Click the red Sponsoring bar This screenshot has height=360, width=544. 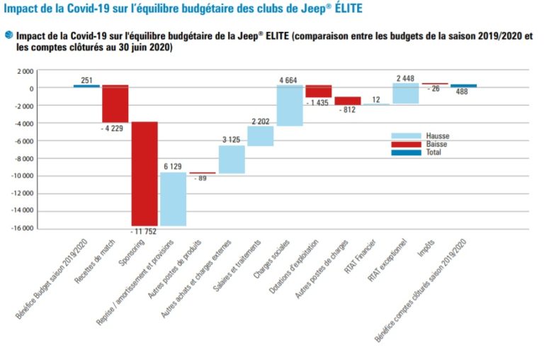coord(144,173)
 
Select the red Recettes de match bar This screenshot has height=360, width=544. coord(115,103)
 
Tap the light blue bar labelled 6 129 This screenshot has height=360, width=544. coord(173,199)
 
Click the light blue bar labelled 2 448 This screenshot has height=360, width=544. coord(405,94)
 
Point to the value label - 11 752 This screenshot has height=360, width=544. coord(144,232)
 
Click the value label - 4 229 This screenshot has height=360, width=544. coord(115,128)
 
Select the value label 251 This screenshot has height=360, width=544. coord(87,79)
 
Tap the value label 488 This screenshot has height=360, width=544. coord(462,91)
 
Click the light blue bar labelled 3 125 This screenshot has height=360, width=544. coord(231,159)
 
